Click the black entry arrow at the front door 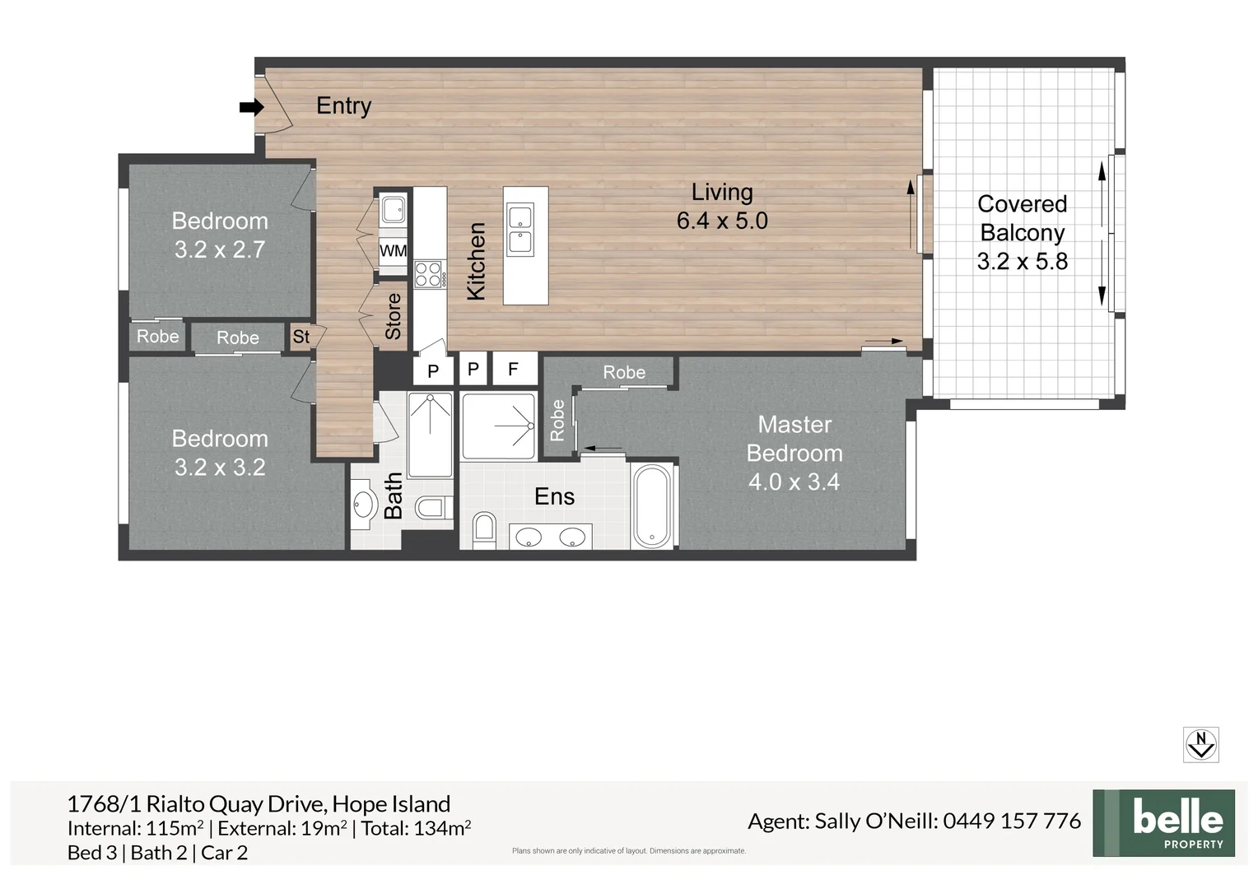coord(251,107)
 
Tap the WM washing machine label coord(393,251)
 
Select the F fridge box coord(514,370)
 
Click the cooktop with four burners coord(428,274)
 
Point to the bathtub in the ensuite coord(652,505)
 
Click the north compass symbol coord(1200,744)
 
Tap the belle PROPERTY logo coord(1163,823)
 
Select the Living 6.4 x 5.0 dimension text coord(722,221)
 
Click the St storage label coord(301,337)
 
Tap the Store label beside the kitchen coord(394,316)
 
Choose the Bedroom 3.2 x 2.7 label coord(220,235)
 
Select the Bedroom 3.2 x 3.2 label coord(220,453)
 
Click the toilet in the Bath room coord(431,507)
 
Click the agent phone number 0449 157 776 coord(1012,821)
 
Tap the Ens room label coord(554,496)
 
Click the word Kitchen coord(476,261)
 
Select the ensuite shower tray coord(499,426)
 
